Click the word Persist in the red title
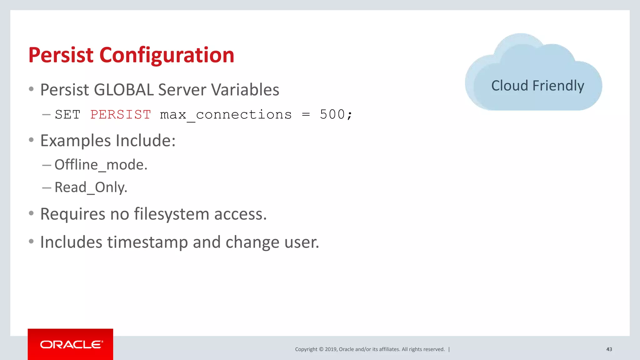click(x=61, y=55)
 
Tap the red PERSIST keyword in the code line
click(x=121, y=114)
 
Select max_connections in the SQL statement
click(x=226, y=115)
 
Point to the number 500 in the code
click(x=332, y=114)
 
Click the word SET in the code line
click(x=67, y=115)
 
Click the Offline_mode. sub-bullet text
click(x=101, y=165)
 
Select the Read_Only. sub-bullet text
click(x=91, y=187)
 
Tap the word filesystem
click(x=172, y=214)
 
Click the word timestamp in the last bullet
click(x=147, y=242)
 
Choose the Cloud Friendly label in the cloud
click(x=537, y=86)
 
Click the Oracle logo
click(x=71, y=344)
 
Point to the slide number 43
click(x=609, y=349)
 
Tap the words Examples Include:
click(x=108, y=141)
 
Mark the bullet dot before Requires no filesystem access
click(x=31, y=213)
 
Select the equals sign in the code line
click(x=306, y=115)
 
